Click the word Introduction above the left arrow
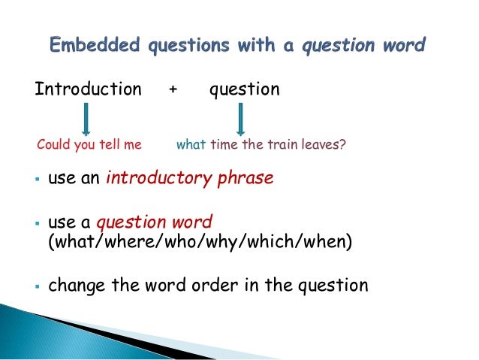(x=88, y=89)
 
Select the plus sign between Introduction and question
(x=173, y=89)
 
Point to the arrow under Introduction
(x=86, y=119)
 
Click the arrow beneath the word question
(x=242, y=119)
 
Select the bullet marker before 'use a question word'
(x=36, y=224)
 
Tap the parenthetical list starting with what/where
(x=200, y=242)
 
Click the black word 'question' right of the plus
(x=244, y=89)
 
